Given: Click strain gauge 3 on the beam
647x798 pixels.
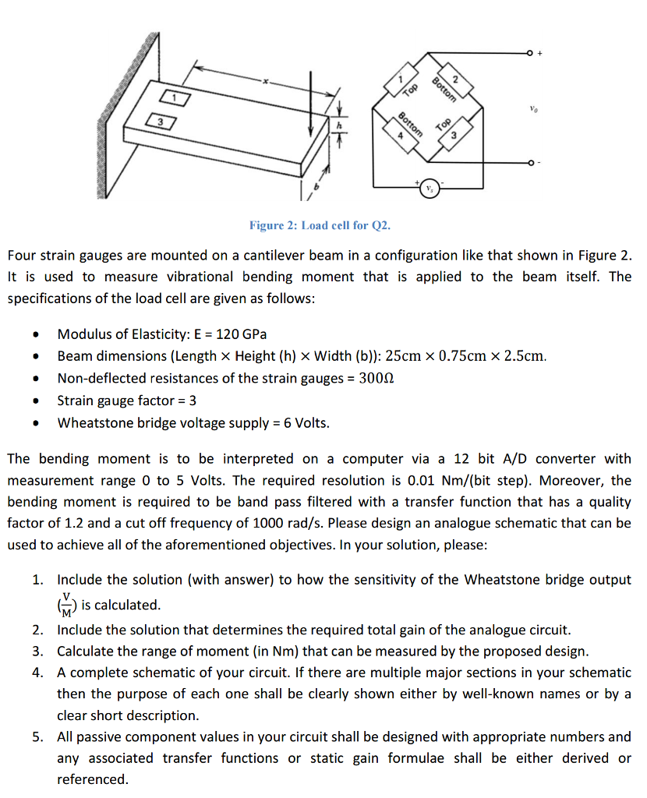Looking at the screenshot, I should click(x=159, y=122).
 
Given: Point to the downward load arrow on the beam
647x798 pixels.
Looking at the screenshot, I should click(x=312, y=102).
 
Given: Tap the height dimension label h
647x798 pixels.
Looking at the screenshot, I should click(x=339, y=124).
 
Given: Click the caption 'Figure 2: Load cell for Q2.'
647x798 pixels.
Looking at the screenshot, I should click(x=320, y=226).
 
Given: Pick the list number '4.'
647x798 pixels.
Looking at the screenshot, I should click(x=38, y=672).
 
